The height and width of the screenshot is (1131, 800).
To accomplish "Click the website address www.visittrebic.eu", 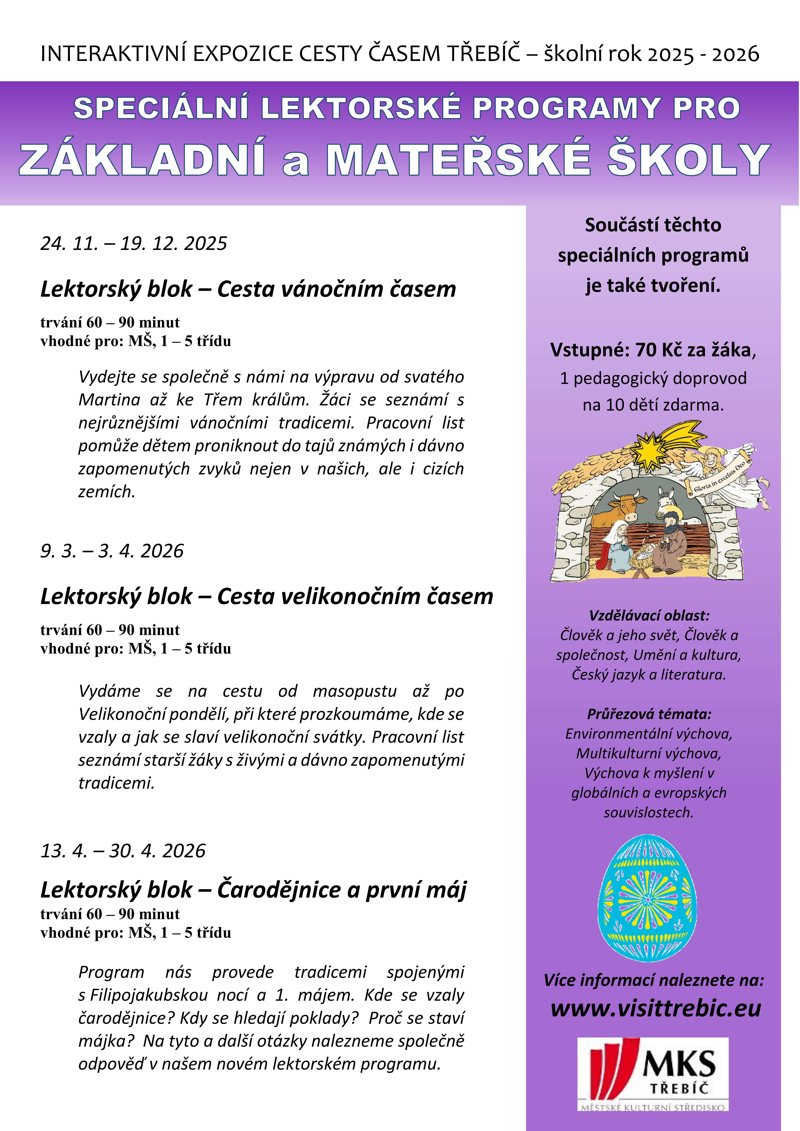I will pos(656,1008).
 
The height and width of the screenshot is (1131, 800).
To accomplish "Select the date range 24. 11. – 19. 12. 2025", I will pos(134,243).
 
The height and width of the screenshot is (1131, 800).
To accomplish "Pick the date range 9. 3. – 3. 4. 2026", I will pos(112,551).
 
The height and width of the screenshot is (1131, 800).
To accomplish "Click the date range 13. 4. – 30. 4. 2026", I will pos(123,851).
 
